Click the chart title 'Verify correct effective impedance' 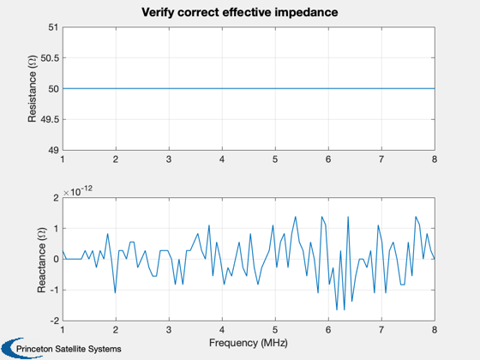tap(240, 13)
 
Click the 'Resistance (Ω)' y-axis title tap(33, 89)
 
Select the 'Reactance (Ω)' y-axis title tap(42, 260)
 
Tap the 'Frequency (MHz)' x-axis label tap(249, 343)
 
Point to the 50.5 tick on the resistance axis tap(50, 58)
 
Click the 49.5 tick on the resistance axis tap(50, 119)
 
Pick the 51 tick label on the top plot tap(53, 27)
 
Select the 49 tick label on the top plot tap(53, 150)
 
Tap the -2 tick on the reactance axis tap(55, 321)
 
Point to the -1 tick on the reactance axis tap(55, 290)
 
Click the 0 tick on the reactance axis tap(56, 259)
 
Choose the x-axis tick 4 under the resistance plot tap(222, 159)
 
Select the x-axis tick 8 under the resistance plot tap(435, 159)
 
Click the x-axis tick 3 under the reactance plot tap(169, 330)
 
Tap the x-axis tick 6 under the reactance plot tap(328, 330)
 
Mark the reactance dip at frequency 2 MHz tap(116, 292)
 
